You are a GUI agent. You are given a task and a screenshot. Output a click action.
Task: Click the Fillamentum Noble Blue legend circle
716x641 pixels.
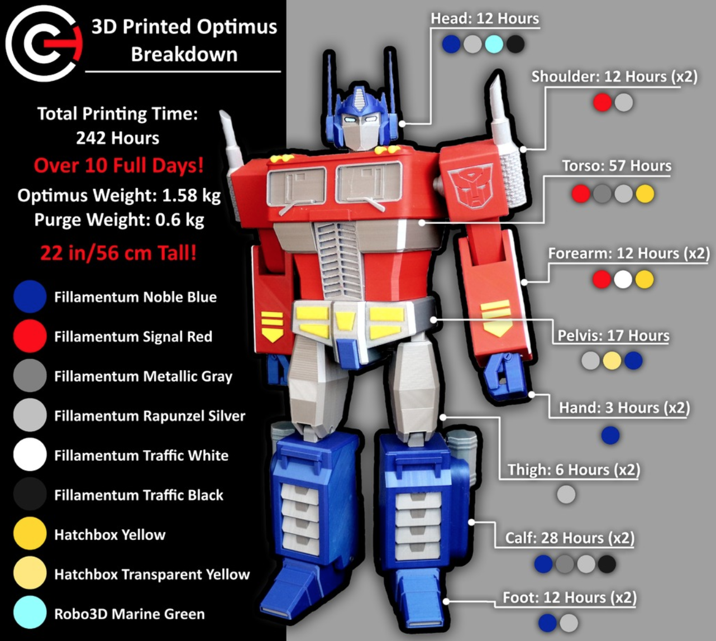click(x=30, y=296)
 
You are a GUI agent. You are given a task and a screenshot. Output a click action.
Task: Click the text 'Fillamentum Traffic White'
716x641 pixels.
click(x=141, y=456)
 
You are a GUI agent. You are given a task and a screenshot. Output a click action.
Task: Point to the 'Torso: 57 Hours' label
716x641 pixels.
click(x=617, y=166)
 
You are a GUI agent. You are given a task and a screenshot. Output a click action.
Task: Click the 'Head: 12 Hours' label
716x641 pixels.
click(x=485, y=18)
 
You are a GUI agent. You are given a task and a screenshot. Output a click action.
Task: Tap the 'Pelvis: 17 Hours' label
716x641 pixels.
click(x=613, y=336)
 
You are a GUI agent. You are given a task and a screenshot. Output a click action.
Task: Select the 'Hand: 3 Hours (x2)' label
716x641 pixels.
click(x=624, y=408)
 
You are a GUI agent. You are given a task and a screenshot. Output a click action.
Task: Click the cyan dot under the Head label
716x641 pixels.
click(x=494, y=44)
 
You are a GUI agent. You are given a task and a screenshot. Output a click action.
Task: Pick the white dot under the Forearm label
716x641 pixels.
click(x=623, y=280)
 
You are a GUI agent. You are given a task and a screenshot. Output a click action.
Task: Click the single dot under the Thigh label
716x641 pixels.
click(x=566, y=494)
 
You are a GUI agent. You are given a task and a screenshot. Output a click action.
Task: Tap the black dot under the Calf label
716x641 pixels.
click(x=607, y=564)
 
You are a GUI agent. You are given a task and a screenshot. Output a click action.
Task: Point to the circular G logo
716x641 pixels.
click(x=44, y=44)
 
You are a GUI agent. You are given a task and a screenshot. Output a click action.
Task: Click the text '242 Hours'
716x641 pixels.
click(x=118, y=138)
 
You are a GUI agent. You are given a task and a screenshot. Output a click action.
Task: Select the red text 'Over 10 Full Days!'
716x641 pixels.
click(x=119, y=165)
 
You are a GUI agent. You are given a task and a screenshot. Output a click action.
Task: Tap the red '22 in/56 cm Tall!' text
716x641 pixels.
click(x=118, y=253)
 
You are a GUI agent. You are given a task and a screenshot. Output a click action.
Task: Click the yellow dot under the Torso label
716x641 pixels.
click(x=645, y=194)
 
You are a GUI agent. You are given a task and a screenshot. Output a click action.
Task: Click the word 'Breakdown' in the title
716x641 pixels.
click(x=184, y=54)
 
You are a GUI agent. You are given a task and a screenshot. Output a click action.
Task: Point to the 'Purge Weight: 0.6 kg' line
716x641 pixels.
click(x=119, y=220)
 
